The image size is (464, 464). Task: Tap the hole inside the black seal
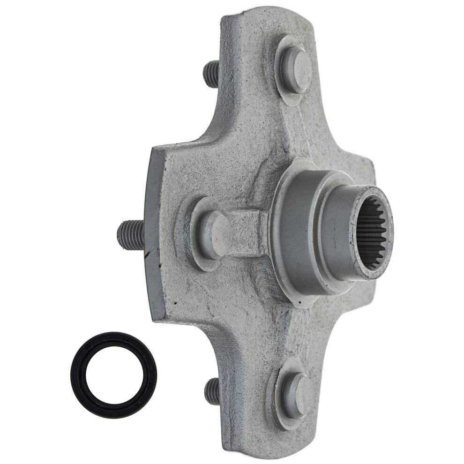coord(113,374)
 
